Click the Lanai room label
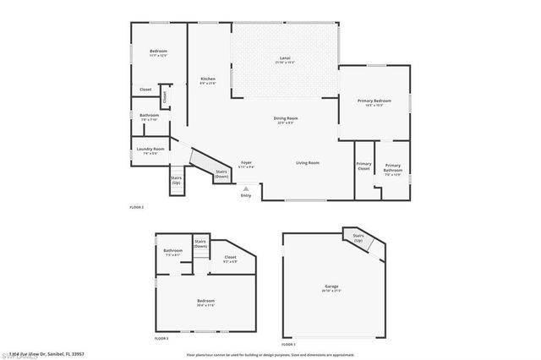pos(285,58)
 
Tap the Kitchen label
pos(207,79)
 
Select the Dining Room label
pos(285,118)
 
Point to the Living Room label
pos(307,162)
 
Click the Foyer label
pos(246,162)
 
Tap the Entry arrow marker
pos(246,189)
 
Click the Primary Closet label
pos(363,166)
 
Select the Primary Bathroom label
pos(392,167)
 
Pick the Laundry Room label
pos(150,150)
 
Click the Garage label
pos(331,287)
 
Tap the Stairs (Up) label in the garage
pos(358,237)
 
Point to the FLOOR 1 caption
pos(288,344)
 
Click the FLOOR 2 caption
pos(136,207)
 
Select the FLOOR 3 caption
pos(161,337)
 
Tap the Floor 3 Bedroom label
pos(205,301)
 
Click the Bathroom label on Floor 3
pos(173,250)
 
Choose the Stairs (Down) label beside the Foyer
pos(221,173)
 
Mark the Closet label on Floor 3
pos(230,258)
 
